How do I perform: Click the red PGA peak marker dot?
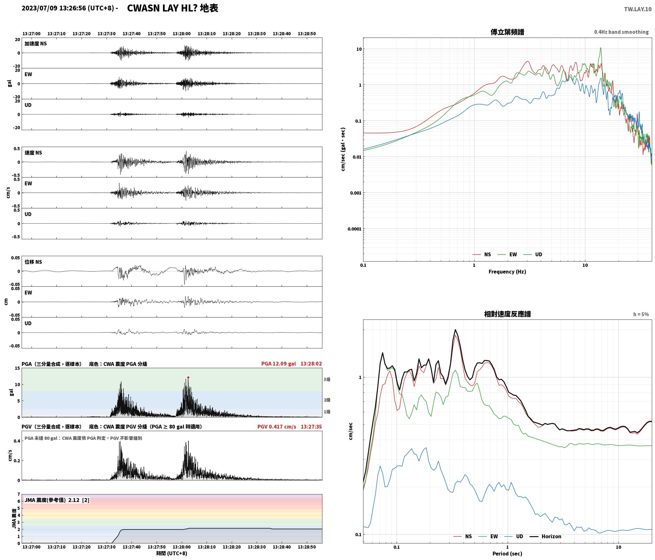[188, 377]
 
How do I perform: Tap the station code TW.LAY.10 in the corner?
[637, 9]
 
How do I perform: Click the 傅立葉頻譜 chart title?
[507, 32]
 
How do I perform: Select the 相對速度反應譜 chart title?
[507, 314]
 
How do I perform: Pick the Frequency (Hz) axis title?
[507, 272]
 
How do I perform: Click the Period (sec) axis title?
[507, 554]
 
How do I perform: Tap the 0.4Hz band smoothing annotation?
[621, 32]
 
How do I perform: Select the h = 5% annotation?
[641, 314]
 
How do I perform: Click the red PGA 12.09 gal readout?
[278, 364]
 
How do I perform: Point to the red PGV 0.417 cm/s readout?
[277, 427]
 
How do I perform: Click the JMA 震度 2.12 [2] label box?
[57, 500]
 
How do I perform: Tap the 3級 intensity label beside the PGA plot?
[327, 380]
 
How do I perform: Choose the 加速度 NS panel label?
[36, 44]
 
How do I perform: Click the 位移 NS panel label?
[33, 262]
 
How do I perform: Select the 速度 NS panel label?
[33, 153]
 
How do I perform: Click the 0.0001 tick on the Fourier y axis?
[355, 229]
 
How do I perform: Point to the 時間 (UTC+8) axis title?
[172, 553]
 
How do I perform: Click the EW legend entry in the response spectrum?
[490, 536]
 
